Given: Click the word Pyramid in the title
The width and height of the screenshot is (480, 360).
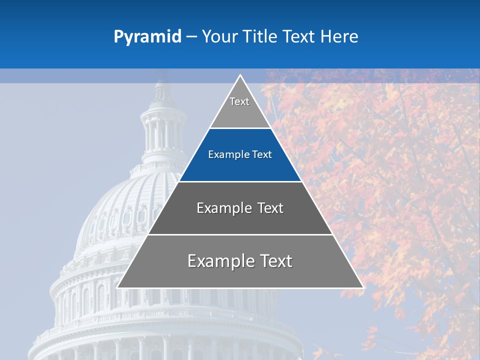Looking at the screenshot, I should point(147,37).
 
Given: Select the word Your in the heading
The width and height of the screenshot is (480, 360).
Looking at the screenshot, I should point(218,36).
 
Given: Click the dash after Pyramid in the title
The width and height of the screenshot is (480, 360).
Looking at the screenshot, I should point(191,37).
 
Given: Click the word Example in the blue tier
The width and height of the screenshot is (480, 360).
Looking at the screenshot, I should point(224,154).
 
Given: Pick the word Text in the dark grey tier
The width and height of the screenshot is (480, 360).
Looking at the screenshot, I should point(270,208).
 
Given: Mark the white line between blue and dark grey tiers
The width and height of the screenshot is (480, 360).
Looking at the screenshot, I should point(240,181).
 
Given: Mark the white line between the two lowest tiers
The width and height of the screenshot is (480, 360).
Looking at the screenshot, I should point(240,234).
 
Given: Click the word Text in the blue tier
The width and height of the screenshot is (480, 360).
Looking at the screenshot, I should point(262,154).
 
